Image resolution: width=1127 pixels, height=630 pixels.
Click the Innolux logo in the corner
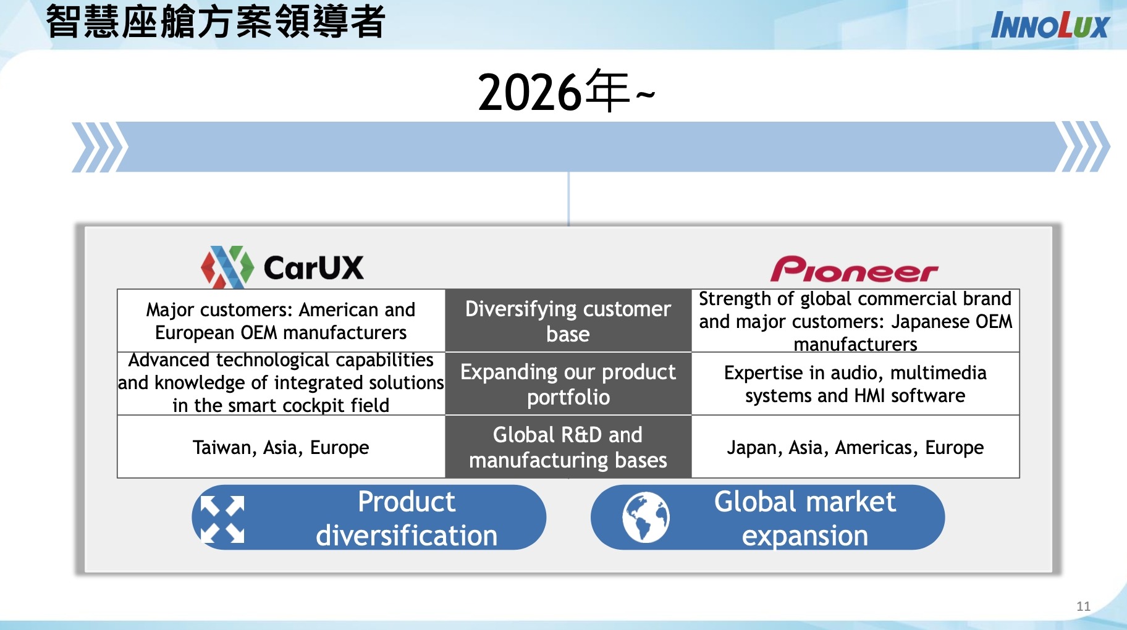(x=1050, y=25)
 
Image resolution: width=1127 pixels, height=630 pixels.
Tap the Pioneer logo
(x=855, y=269)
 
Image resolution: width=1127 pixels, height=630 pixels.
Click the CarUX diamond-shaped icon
(x=227, y=267)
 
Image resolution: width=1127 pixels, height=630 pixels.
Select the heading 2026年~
(x=566, y=92)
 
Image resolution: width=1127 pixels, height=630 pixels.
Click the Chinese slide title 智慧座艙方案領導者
(x=216, y=21)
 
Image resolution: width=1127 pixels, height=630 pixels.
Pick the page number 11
(x=1083, y=606)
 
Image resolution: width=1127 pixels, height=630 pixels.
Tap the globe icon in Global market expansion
(x=646, y=518)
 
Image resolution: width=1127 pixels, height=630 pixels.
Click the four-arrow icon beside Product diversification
(x=222, y=519)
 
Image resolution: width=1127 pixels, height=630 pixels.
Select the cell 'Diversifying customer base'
(x=568, y=321)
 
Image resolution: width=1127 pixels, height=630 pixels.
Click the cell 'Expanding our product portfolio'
(x=568, y=384)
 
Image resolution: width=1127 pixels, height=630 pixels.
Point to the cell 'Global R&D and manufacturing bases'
(x=568, y=447)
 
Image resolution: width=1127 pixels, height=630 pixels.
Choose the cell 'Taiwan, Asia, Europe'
(x=281, y=447)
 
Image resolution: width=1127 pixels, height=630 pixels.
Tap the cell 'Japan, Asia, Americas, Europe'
(x=855, y=447)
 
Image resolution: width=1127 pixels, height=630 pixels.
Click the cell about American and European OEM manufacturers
(x=281, y=321)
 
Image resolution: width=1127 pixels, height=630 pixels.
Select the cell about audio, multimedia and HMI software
(x=855, y=384)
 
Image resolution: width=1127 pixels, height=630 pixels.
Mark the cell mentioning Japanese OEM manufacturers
(x=855, y=321)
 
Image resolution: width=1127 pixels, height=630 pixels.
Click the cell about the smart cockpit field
(x=281, y=384)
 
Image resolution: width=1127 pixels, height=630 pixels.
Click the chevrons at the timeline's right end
(x=1083, y=147)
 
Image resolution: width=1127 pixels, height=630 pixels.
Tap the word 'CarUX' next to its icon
(x=314, y=268)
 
